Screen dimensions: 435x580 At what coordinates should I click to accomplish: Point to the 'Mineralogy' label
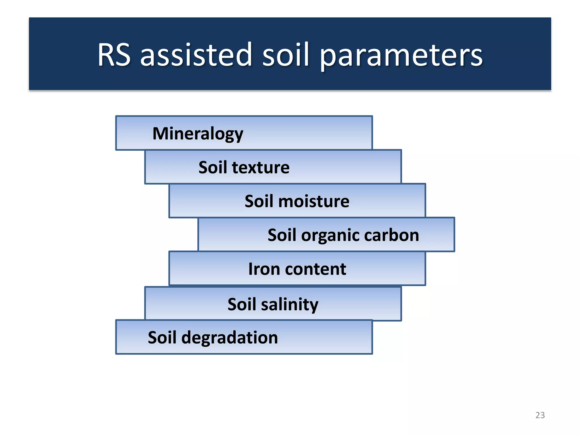coord(198,134)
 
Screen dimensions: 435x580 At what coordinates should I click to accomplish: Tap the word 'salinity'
coord(289,305)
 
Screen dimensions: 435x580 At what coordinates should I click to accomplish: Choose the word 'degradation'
coord(229,338)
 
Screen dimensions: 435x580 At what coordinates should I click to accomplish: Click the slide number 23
coord(540,415)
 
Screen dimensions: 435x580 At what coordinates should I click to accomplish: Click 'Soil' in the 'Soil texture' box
coord(213,167)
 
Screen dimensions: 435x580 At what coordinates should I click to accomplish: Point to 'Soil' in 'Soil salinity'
coord(242,304)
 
